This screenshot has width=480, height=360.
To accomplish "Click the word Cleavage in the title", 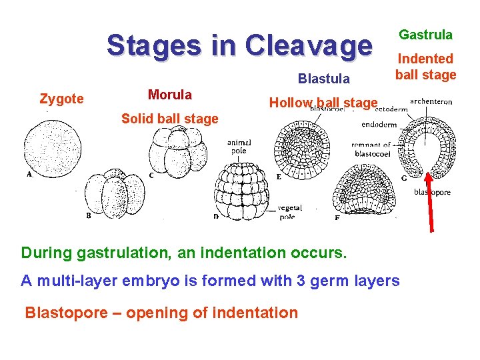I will pos(308,46).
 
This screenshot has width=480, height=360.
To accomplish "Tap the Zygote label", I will pos(61,99).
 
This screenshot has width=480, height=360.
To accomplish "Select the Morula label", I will pos(170,95).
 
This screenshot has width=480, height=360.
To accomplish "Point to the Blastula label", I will pos(324,79).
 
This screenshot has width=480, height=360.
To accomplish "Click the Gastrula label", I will pos(425,35).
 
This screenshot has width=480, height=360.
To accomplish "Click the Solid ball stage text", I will pos(169,119).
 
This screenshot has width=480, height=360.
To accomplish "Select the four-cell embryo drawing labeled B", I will pos(115,194).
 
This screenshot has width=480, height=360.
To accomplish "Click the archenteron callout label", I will pos(431,102).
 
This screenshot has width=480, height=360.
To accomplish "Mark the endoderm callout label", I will pos(379,124).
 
